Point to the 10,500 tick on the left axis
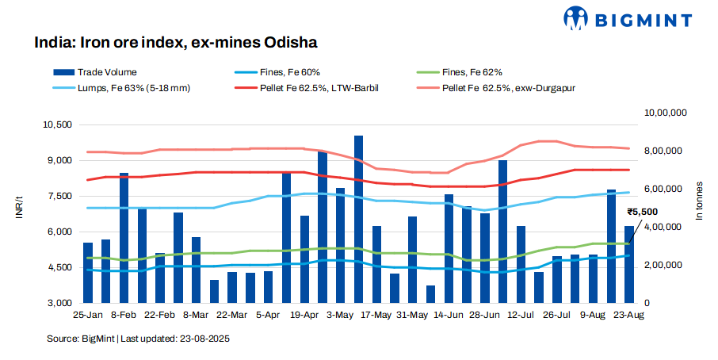57,125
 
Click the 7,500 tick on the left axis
59,197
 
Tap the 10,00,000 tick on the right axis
664,113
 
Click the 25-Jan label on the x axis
86,315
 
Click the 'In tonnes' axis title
699,209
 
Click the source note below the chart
138,339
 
